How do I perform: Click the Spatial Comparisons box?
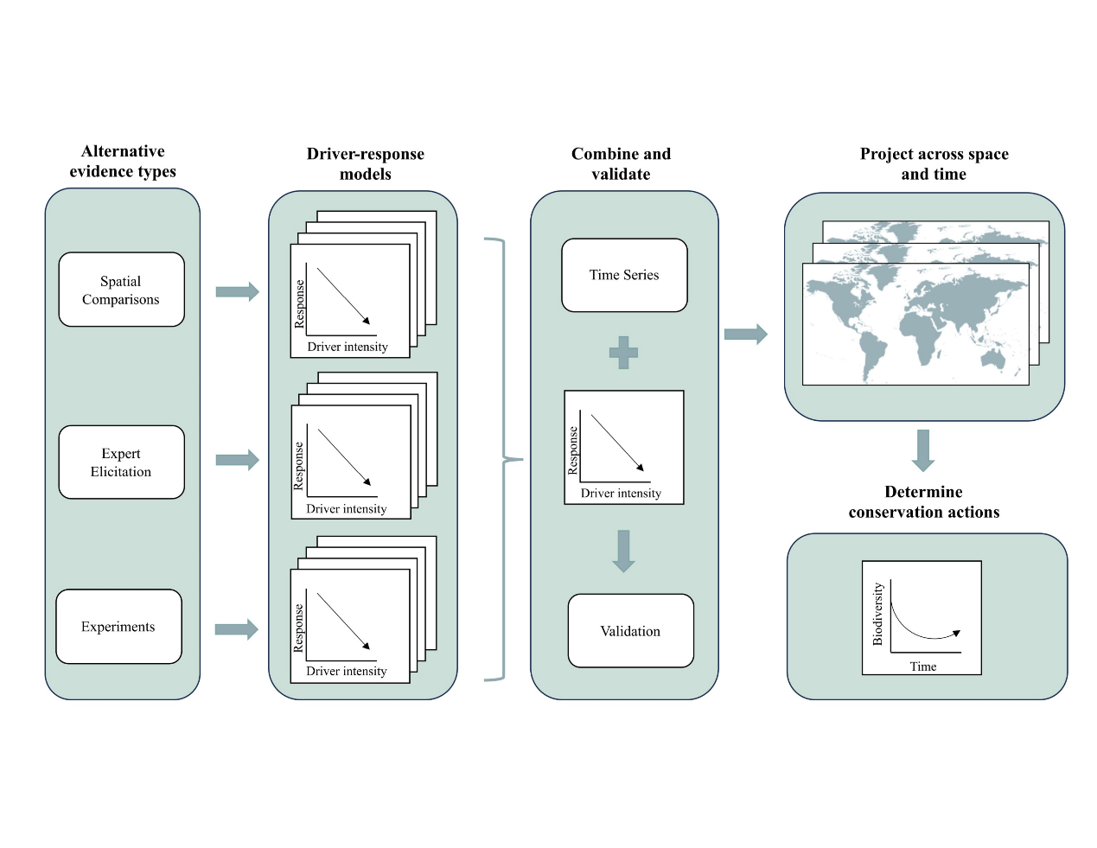click(x=121, y=290)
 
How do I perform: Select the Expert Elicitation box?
click(x=121, y=462)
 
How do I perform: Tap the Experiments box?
click(x=118, y=627)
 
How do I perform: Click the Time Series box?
click(x=624, y=275)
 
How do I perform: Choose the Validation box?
click(x=630, y=631)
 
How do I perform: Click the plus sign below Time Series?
click(x=623, y=353)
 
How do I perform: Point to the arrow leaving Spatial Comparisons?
click(x=237, y=291)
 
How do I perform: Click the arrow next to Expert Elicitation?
click(x=237, y=460)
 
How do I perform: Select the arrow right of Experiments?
click(x=236, y=629)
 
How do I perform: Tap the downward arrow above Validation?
click(x=623, y=551)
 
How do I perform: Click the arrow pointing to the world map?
click(x=745, y=335)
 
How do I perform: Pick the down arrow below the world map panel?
click(x=923, y=450)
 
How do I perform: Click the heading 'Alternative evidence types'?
click(x=123, y=162)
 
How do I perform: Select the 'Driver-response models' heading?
click(x=366, y=164)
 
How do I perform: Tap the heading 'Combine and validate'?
click(x=621, y=164)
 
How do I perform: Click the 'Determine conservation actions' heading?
click(x=923, y=502)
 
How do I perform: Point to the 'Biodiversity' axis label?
click(x=877, y=614)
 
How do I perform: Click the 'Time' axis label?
click(x=923, y=666)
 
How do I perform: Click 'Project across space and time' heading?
click(x=934, y=164)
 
